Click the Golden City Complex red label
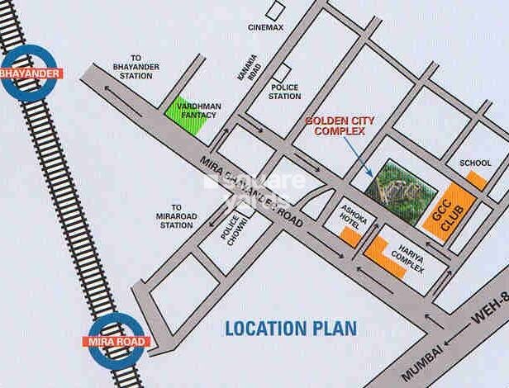pos(340,125)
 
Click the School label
pos(474,163)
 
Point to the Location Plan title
pos(292,328)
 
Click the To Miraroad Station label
pos(175,216)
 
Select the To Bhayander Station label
pos(134,70)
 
